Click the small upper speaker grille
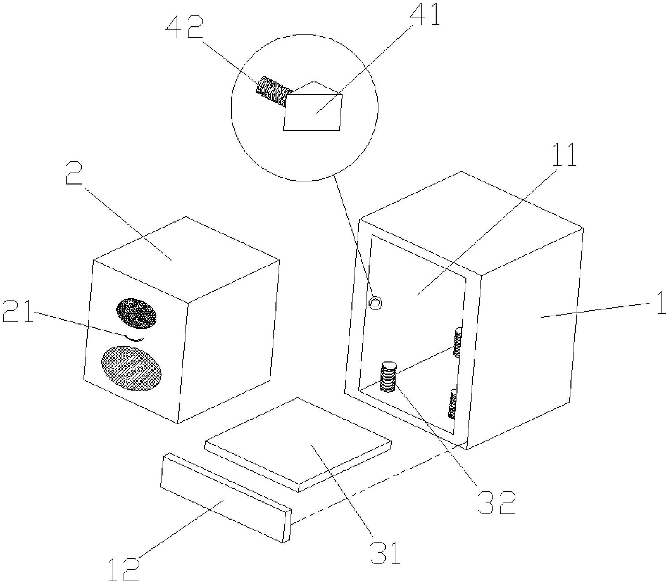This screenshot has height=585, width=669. point(136,313)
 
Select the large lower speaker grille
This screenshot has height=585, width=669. point(131,368)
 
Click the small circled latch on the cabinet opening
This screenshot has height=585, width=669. point(376,303)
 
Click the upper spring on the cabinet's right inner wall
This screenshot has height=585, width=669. point(457,342)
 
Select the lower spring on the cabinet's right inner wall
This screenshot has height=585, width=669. point(453,404)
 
